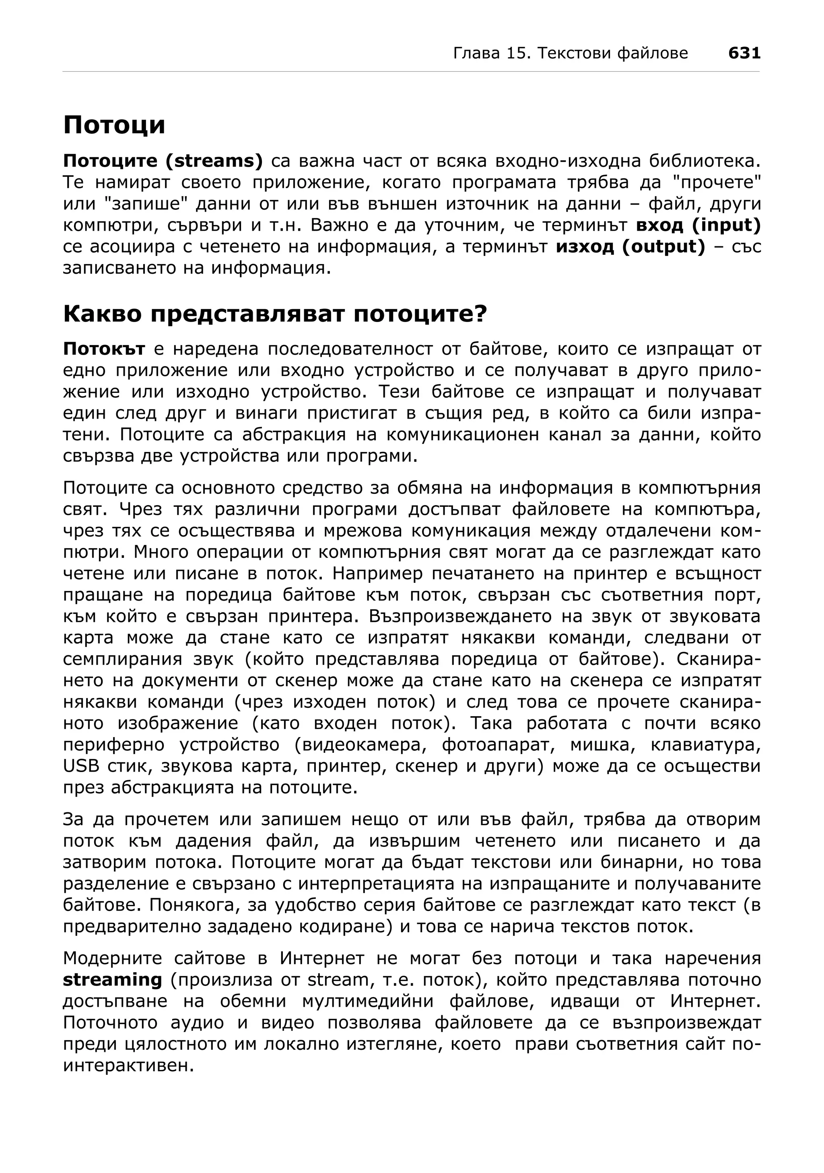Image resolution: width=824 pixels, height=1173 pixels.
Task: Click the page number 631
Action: point(744,53)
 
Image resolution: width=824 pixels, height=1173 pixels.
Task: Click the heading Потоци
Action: point(114,125)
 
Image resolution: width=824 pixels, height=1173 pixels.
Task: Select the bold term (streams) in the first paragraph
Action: point(214,161)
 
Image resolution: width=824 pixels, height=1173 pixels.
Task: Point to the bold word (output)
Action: point(664,247)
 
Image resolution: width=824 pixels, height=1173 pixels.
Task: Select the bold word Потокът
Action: point(104,349)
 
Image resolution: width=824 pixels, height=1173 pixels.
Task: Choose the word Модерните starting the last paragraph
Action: point(112,959)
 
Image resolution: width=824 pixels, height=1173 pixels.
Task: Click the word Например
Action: point(378,574)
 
